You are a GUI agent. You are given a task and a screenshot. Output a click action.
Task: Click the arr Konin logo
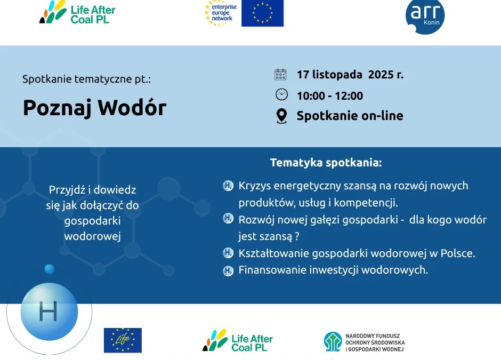[x=425, y=17]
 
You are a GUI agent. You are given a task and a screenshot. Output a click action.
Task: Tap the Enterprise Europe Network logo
[x=221, y=13]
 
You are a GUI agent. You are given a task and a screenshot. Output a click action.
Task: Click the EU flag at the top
[x=262, y=13]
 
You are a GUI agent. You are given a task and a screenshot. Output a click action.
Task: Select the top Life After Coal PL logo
[x=77, y=12]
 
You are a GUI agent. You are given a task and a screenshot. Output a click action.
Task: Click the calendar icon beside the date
[x=280, y=75]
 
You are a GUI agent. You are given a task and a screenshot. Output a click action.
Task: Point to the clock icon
[x=281, y=94]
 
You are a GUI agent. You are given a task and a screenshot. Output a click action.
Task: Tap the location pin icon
[x=281, y=116]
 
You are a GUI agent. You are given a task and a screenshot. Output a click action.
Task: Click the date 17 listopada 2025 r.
[x=350, y=75]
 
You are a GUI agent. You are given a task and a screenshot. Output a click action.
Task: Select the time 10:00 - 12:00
[x=330, y=95]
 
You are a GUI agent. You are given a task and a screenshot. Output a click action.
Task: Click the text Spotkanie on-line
[x=350, y=116]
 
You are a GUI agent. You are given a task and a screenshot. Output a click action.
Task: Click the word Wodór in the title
[x=132, y=107]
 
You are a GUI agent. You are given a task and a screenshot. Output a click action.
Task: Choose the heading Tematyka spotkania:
[x=326, y=163]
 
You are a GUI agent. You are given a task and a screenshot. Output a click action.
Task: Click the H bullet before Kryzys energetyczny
[x=228, y=186]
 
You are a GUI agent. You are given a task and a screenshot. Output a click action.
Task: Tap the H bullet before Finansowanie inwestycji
[x=228, y=270]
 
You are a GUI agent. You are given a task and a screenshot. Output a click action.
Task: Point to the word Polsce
[x=458, y=253]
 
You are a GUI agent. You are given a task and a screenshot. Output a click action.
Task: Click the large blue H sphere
[x=49, y=311]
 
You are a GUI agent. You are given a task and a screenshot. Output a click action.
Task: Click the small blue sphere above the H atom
[x=49, y=269]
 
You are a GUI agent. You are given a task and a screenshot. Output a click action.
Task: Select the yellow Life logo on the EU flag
[x=123, y=340]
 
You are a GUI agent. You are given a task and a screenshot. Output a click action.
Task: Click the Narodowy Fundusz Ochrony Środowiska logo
[x=364, y=342]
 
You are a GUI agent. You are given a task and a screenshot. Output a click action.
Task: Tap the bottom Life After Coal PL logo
[x=238, y=340]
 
